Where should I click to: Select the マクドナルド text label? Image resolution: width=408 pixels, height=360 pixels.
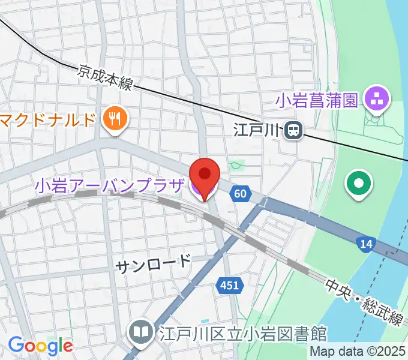pos(48,119)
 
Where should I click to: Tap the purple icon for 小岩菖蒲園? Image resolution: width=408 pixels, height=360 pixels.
pos(378,98)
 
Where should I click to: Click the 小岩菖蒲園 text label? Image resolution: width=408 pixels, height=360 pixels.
pos(317,100)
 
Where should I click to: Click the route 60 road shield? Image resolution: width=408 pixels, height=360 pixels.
pos(240,193)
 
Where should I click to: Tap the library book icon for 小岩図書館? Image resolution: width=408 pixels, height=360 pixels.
pos(140,332)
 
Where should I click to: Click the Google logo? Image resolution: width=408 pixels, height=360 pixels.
pos(40,346)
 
